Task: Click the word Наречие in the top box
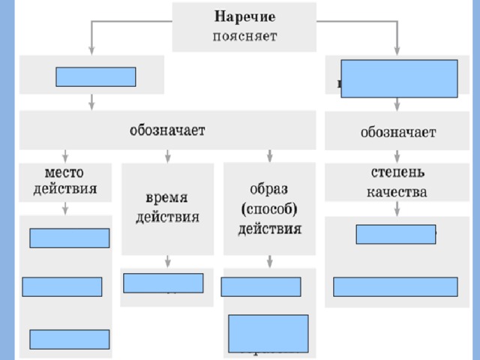(244, 16)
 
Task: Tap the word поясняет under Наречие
(244, 35)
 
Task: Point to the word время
(166, 198)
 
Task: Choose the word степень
(397, 172)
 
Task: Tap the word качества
(397, 192)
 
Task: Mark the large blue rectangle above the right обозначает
(399, 79)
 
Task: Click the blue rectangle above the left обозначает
(95, 76)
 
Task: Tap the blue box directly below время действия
(163, 283)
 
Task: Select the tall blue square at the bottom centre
(268, 333)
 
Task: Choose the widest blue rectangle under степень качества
(394, 287)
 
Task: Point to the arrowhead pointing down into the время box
(167, 157)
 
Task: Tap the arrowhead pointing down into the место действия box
(65, 157)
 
